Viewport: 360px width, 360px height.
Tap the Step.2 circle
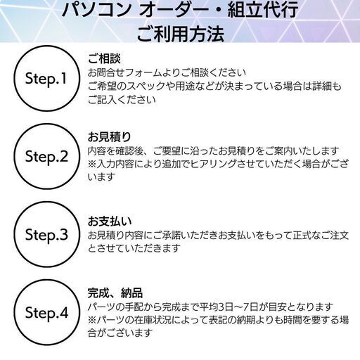coord(46,124)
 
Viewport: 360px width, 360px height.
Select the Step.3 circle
coord(46,202)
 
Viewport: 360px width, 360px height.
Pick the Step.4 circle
coord(46,280)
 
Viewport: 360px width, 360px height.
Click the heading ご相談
coord(104,58)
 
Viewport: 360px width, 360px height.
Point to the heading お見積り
coord(109,137)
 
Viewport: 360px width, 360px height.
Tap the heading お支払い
coord(110,221)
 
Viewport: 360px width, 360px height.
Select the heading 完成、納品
coord(115,292)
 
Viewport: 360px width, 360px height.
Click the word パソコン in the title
coord(97,10)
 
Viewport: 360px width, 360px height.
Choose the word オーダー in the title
coord(174,10)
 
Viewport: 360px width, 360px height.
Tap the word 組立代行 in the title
coord(263,10)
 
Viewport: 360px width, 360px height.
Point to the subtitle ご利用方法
coord(180,34)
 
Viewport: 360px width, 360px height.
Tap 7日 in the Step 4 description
coord(250,307)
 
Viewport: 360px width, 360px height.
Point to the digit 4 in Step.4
coord(64,313)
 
